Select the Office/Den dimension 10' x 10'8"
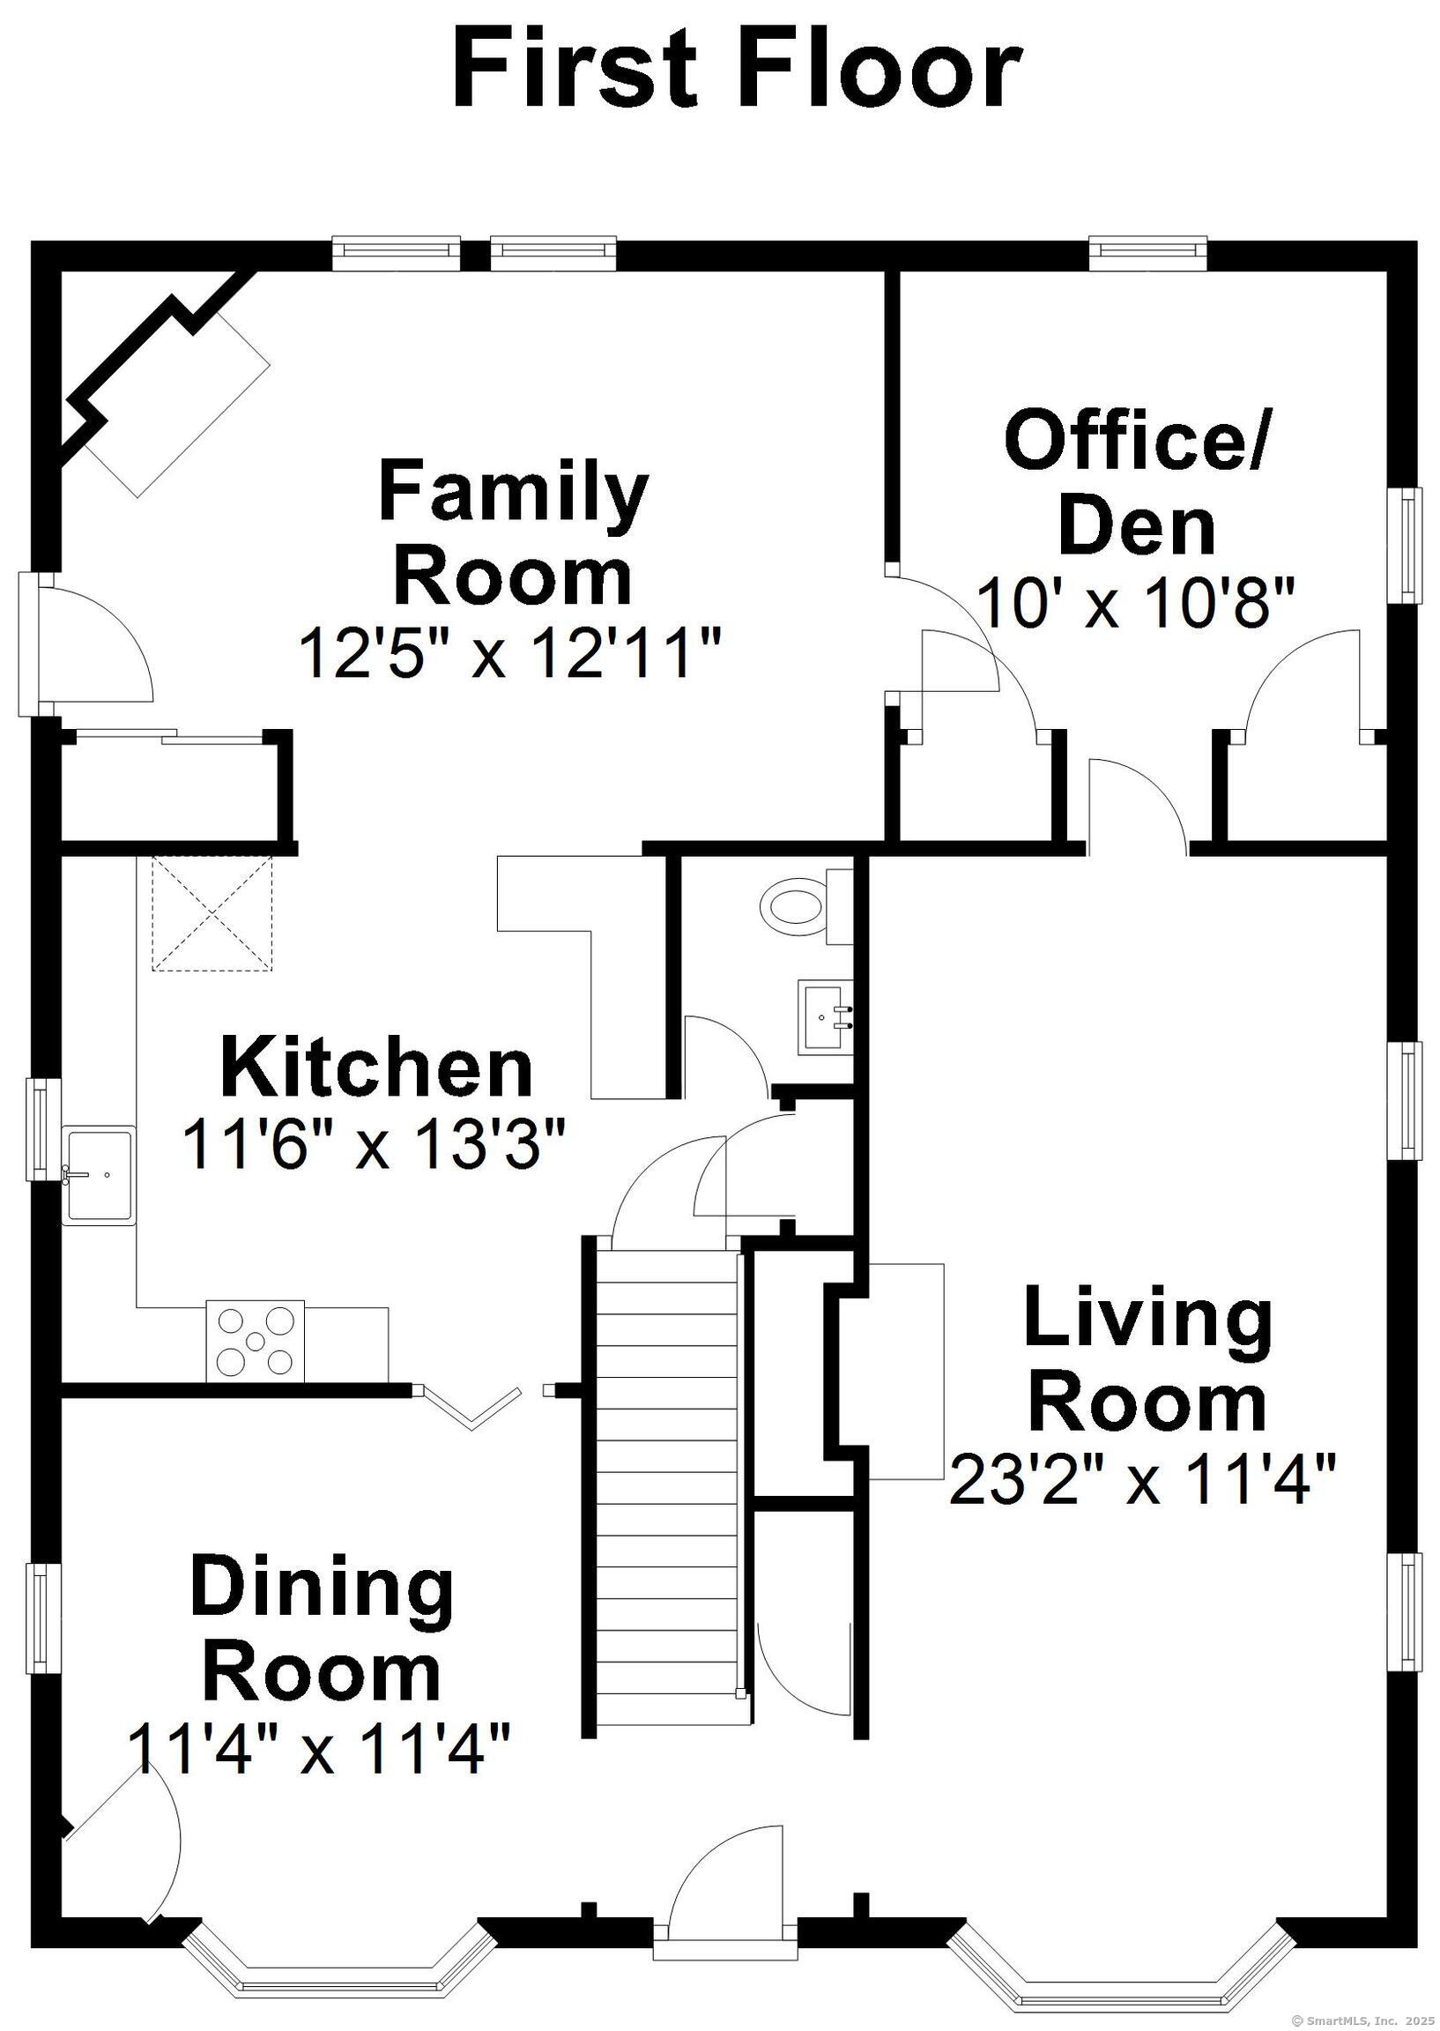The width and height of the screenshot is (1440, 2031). point(1137,604)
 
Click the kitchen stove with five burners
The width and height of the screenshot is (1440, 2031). point(255,1341)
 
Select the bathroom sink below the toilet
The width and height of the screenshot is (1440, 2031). point(824,1016)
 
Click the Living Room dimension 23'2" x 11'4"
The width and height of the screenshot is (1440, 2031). point(1142,1479)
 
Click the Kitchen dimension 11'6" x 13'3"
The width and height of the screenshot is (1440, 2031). point(374,1144)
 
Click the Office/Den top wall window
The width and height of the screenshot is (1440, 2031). point(1147,253)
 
